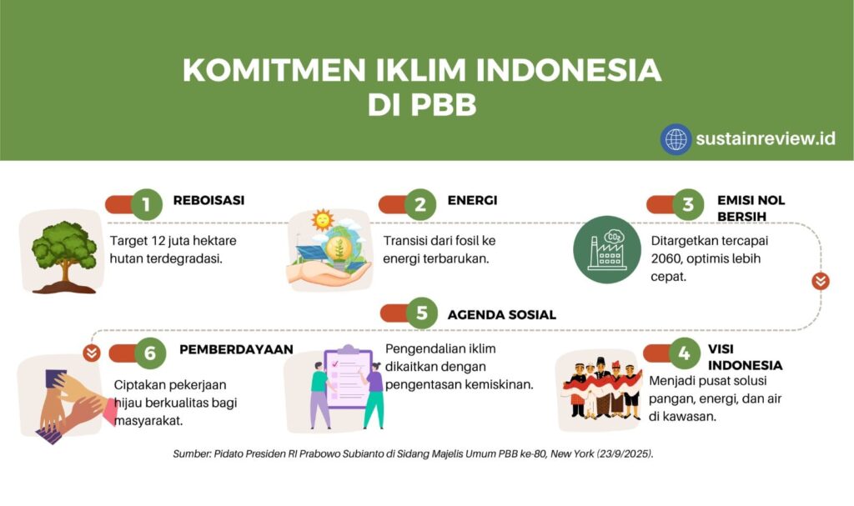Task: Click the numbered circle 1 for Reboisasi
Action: coord(146,205)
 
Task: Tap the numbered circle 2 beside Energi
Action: coord(420,205)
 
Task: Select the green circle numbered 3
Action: coord(688,205)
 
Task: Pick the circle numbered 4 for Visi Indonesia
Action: coord(684,353)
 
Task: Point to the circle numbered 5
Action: coord(421,313)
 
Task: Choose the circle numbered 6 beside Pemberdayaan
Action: coord(150,353)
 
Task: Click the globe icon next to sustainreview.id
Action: coord(676,139)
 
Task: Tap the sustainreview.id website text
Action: coord(766,139)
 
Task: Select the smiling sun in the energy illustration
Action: coord(323,220)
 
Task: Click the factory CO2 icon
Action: coord(607,249)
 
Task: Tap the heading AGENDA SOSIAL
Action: coord(501,315)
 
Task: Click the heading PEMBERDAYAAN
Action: coord(236,349)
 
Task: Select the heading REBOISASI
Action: coord(208,200)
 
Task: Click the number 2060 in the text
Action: coord(665,258)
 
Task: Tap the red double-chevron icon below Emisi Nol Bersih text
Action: coord(821,281)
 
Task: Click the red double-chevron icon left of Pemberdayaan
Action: coord(92,353)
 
